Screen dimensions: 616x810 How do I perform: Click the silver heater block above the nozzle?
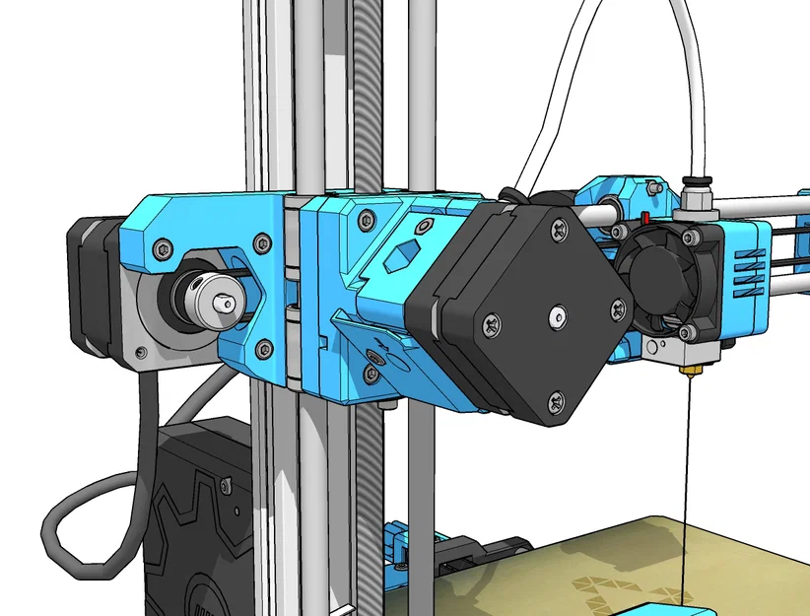pyautogui.click(x=689, y=350)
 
